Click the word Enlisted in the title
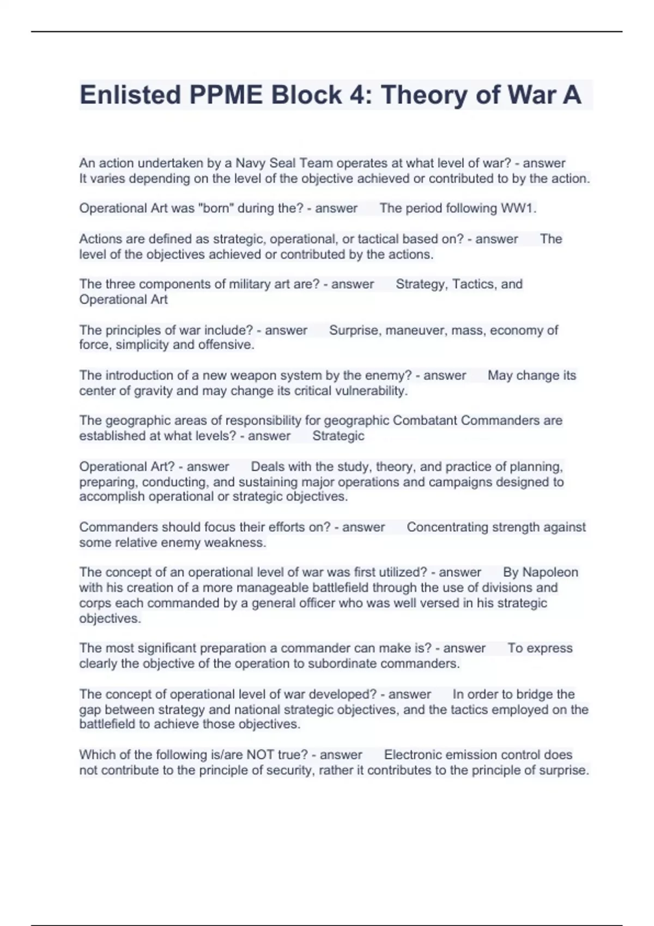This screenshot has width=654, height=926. coord(130,95)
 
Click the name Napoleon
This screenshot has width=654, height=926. coord(550,572)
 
